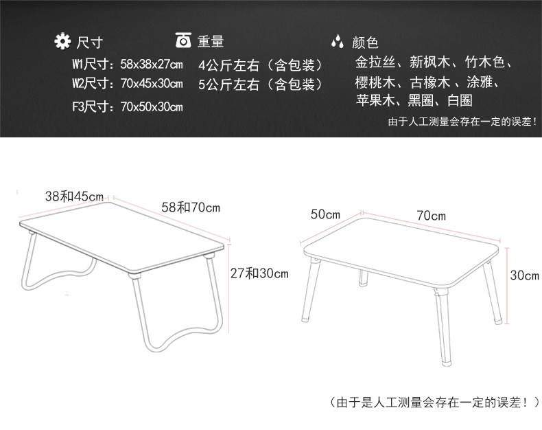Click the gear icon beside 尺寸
coord(62,42)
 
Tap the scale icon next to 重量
coord(183,41)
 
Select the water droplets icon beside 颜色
coord(337,42)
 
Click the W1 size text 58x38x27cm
coord(151,65)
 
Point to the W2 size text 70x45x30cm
coord(151,84)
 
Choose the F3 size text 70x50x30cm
coord(151,106)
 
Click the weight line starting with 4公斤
coord(261,66)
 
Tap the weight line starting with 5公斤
coord(261,85)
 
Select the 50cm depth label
coord(325,214)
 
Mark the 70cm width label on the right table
coord(431,215)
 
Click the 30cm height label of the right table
coord(525,275)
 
